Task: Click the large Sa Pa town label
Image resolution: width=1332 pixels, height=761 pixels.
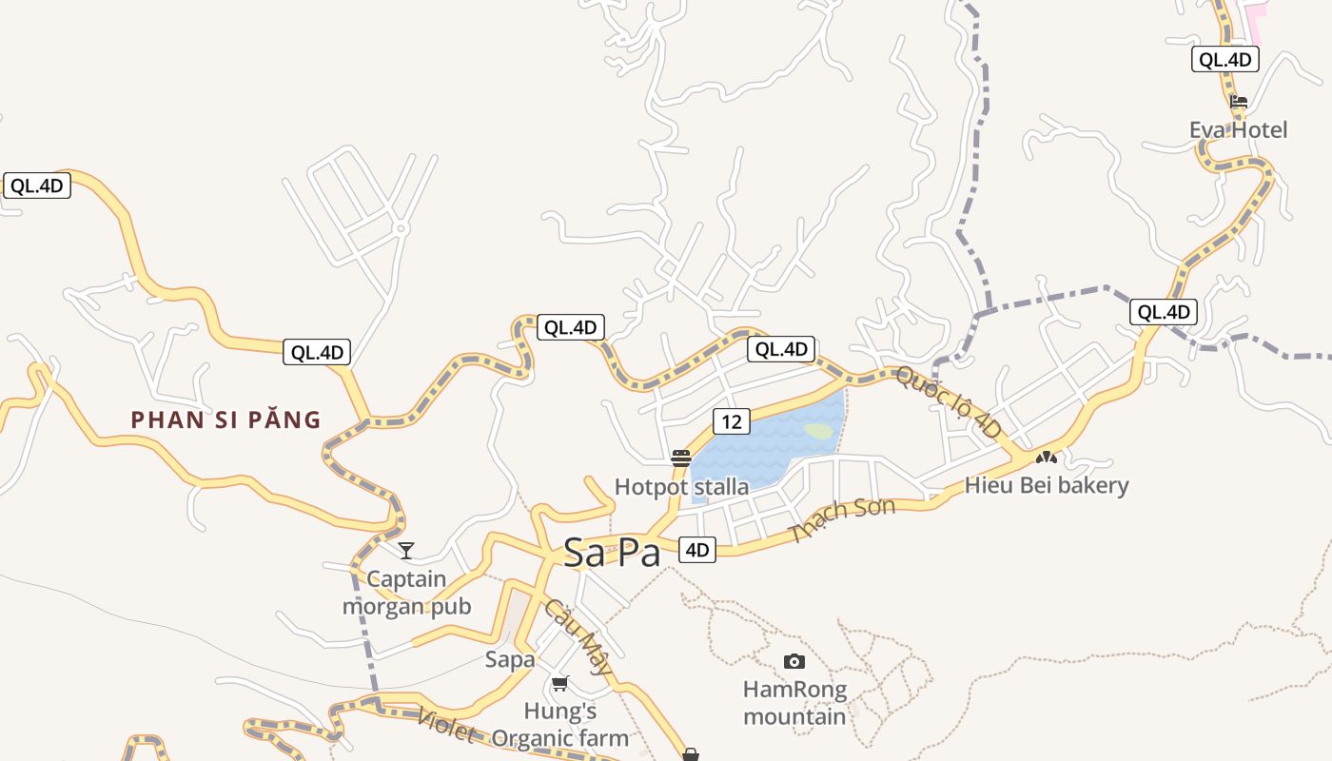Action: pos(612,553)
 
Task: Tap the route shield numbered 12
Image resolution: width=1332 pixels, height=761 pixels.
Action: pos(731,421)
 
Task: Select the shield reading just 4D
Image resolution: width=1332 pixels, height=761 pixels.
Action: pos(697,549)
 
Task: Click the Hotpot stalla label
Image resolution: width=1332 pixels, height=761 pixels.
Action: pos(681,487)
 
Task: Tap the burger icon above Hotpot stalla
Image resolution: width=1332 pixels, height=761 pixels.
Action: pos(680,459)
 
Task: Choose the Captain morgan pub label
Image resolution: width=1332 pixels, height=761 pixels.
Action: pos(406,593)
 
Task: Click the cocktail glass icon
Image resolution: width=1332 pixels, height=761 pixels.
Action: pos(406,551)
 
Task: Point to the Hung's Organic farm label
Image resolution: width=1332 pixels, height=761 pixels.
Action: pos(560,724)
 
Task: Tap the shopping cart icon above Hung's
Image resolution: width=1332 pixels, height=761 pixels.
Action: pos(560,684)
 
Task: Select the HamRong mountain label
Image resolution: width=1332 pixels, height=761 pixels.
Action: pos(794,702)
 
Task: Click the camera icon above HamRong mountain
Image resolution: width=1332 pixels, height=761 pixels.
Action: pos(794,661)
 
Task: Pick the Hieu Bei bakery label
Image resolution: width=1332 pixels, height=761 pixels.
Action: pos(1047,485)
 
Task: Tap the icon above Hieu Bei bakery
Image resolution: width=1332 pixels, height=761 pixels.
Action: pos(1047,458)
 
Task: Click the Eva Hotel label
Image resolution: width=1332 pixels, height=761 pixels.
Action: pos(1238,129)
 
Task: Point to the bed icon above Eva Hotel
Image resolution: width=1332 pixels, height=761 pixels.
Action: pos(1238,102)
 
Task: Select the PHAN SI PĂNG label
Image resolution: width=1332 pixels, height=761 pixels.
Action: pos(225,420)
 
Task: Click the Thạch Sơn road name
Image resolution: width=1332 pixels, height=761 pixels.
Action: pos(842,519)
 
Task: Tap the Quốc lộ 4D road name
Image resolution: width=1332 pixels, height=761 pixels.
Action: pos(949,403)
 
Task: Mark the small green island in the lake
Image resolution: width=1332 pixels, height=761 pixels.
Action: pos(818,430)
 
